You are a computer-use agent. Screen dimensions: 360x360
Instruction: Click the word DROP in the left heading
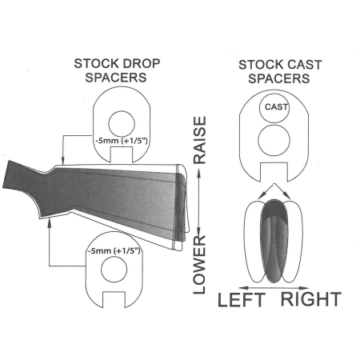click(x=138, y=63)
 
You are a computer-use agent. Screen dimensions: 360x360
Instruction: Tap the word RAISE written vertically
click(x=199, y=140)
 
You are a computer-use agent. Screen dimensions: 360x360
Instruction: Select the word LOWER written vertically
click(x=199, y=265)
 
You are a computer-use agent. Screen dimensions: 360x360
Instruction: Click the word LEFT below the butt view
click(x=242, y=299)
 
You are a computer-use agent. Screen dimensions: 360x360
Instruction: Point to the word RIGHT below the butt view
click(x=311, y=299)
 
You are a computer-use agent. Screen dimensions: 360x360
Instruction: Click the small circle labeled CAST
click(x=274, y=108)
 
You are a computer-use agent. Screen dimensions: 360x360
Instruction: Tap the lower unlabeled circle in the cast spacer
click(x=274, y=141)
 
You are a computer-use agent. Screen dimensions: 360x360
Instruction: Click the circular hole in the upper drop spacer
click(x=122, y=124)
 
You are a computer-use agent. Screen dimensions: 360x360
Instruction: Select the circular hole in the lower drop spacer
click(x=114, y=269)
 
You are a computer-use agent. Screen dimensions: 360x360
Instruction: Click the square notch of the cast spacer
click(x=274, y=172)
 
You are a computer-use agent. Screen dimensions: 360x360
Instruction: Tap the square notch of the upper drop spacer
click(x=122, y=154)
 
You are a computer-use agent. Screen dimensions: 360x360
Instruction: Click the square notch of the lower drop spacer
click(x=114, y=300)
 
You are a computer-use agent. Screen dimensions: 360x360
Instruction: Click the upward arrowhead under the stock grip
click(x=49, y=222)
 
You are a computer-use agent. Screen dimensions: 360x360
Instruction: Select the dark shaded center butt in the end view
click(x=275, y=241)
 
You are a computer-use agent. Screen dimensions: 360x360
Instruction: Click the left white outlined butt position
click(x=254, y=242)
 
